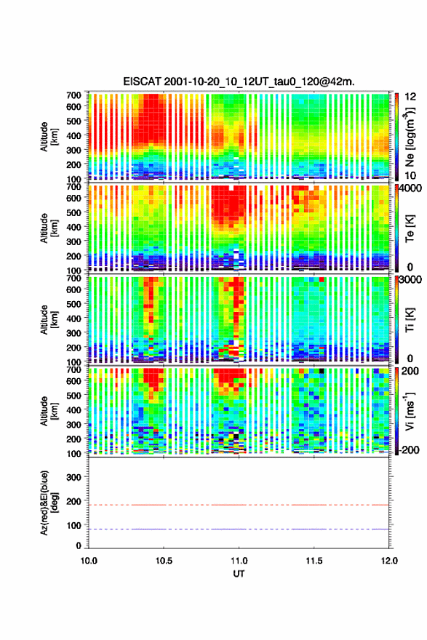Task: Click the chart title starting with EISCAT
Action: pyautogui.click(x=239, y=81)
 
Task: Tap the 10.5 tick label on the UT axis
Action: pyautogui.click(x=164, y=561)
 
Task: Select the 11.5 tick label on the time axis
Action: pyautogui.click(x=314, y=561)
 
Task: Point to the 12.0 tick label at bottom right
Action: pyautogui.click(x=389, y=561)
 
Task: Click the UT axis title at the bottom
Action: pyautogui.click(x=239, y=574)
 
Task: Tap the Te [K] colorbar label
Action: pyautogui.click(x=410, y=228)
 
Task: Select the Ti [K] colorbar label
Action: pyautogui.click(x=410, y=319)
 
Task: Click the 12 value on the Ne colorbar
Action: pyautogui.click(x=410, y=97)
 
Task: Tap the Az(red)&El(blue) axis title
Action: pyautogui.click(x=48, y=503)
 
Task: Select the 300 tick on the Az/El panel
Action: pyautogui.click(x=74, y=477)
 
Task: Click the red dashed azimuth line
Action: pyautogui.click(x=239, y=505)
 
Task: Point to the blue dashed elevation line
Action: pyautogui.click(x=239, y=529)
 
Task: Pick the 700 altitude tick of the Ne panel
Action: pyautogui.click(x=74, y=95)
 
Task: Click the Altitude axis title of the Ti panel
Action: pyautogui.click(x=48, y=319)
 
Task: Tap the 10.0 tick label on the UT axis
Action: pyautogui.click(x=89, y=561)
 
